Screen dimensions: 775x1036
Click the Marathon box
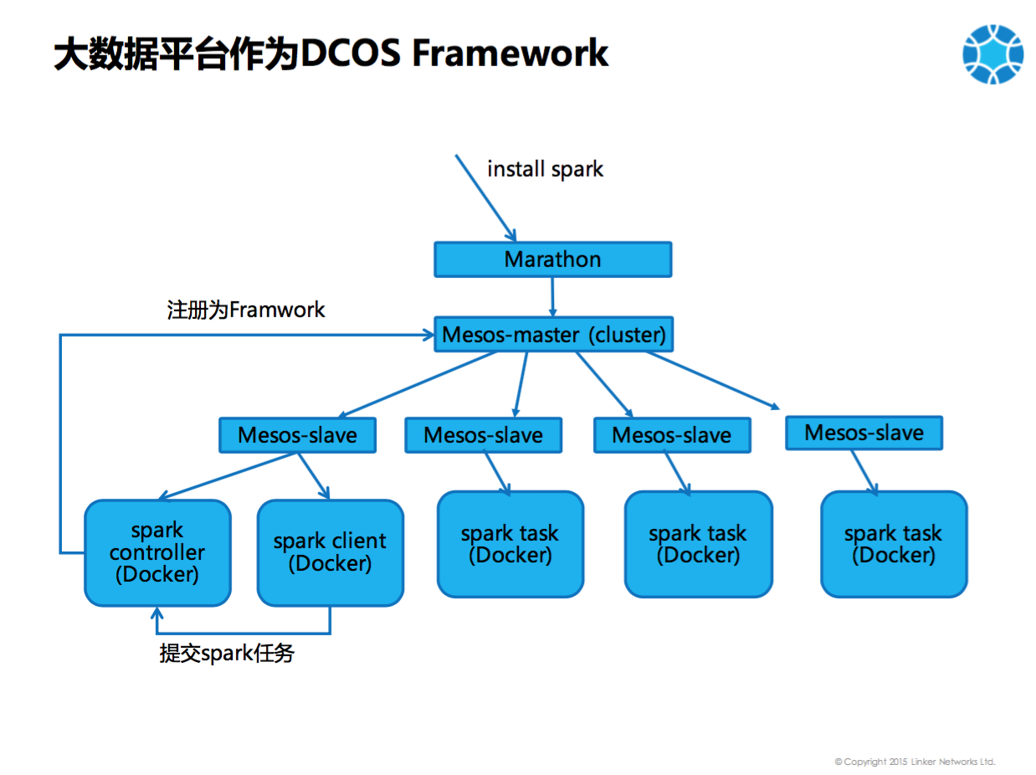tap(552, 259)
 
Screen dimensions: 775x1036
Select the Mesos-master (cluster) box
tap(553, 335)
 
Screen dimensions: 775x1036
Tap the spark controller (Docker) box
tap(157, 553)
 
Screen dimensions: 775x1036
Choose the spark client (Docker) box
tap(330, 553)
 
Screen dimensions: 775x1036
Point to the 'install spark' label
tap(545, 169)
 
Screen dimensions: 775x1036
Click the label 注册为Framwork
tap(246, 310)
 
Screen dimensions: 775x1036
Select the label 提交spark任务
tap(227, 654)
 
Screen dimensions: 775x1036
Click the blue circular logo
tap(992, 54)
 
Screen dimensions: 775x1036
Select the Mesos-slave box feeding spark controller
tap(297, 435)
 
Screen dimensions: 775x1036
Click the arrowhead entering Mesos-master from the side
tap(427, 335)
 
